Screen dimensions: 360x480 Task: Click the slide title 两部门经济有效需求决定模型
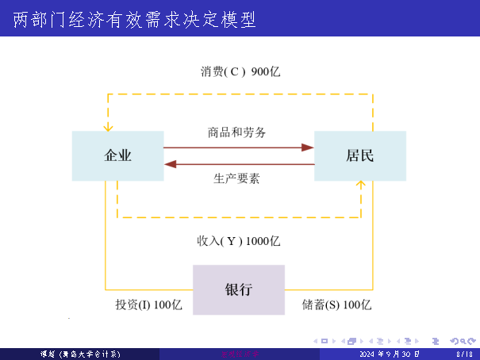coord(135,19)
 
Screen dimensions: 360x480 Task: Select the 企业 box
coord(118,155)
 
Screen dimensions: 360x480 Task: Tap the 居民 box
coord(359,155)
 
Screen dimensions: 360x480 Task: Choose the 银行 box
coord(238,289)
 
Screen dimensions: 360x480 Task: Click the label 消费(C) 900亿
coord(240,71)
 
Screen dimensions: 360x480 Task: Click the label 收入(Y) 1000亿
coord(238,241)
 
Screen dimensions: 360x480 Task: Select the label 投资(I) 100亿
coord(148,304)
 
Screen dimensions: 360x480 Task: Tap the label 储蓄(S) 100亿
coord(336,304)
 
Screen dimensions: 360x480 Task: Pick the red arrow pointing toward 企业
coord(171,164)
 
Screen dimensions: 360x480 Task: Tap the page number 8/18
coord(465,354)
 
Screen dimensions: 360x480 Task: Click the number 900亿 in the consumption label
coord(266,71)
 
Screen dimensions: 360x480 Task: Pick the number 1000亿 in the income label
coord(263,241)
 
